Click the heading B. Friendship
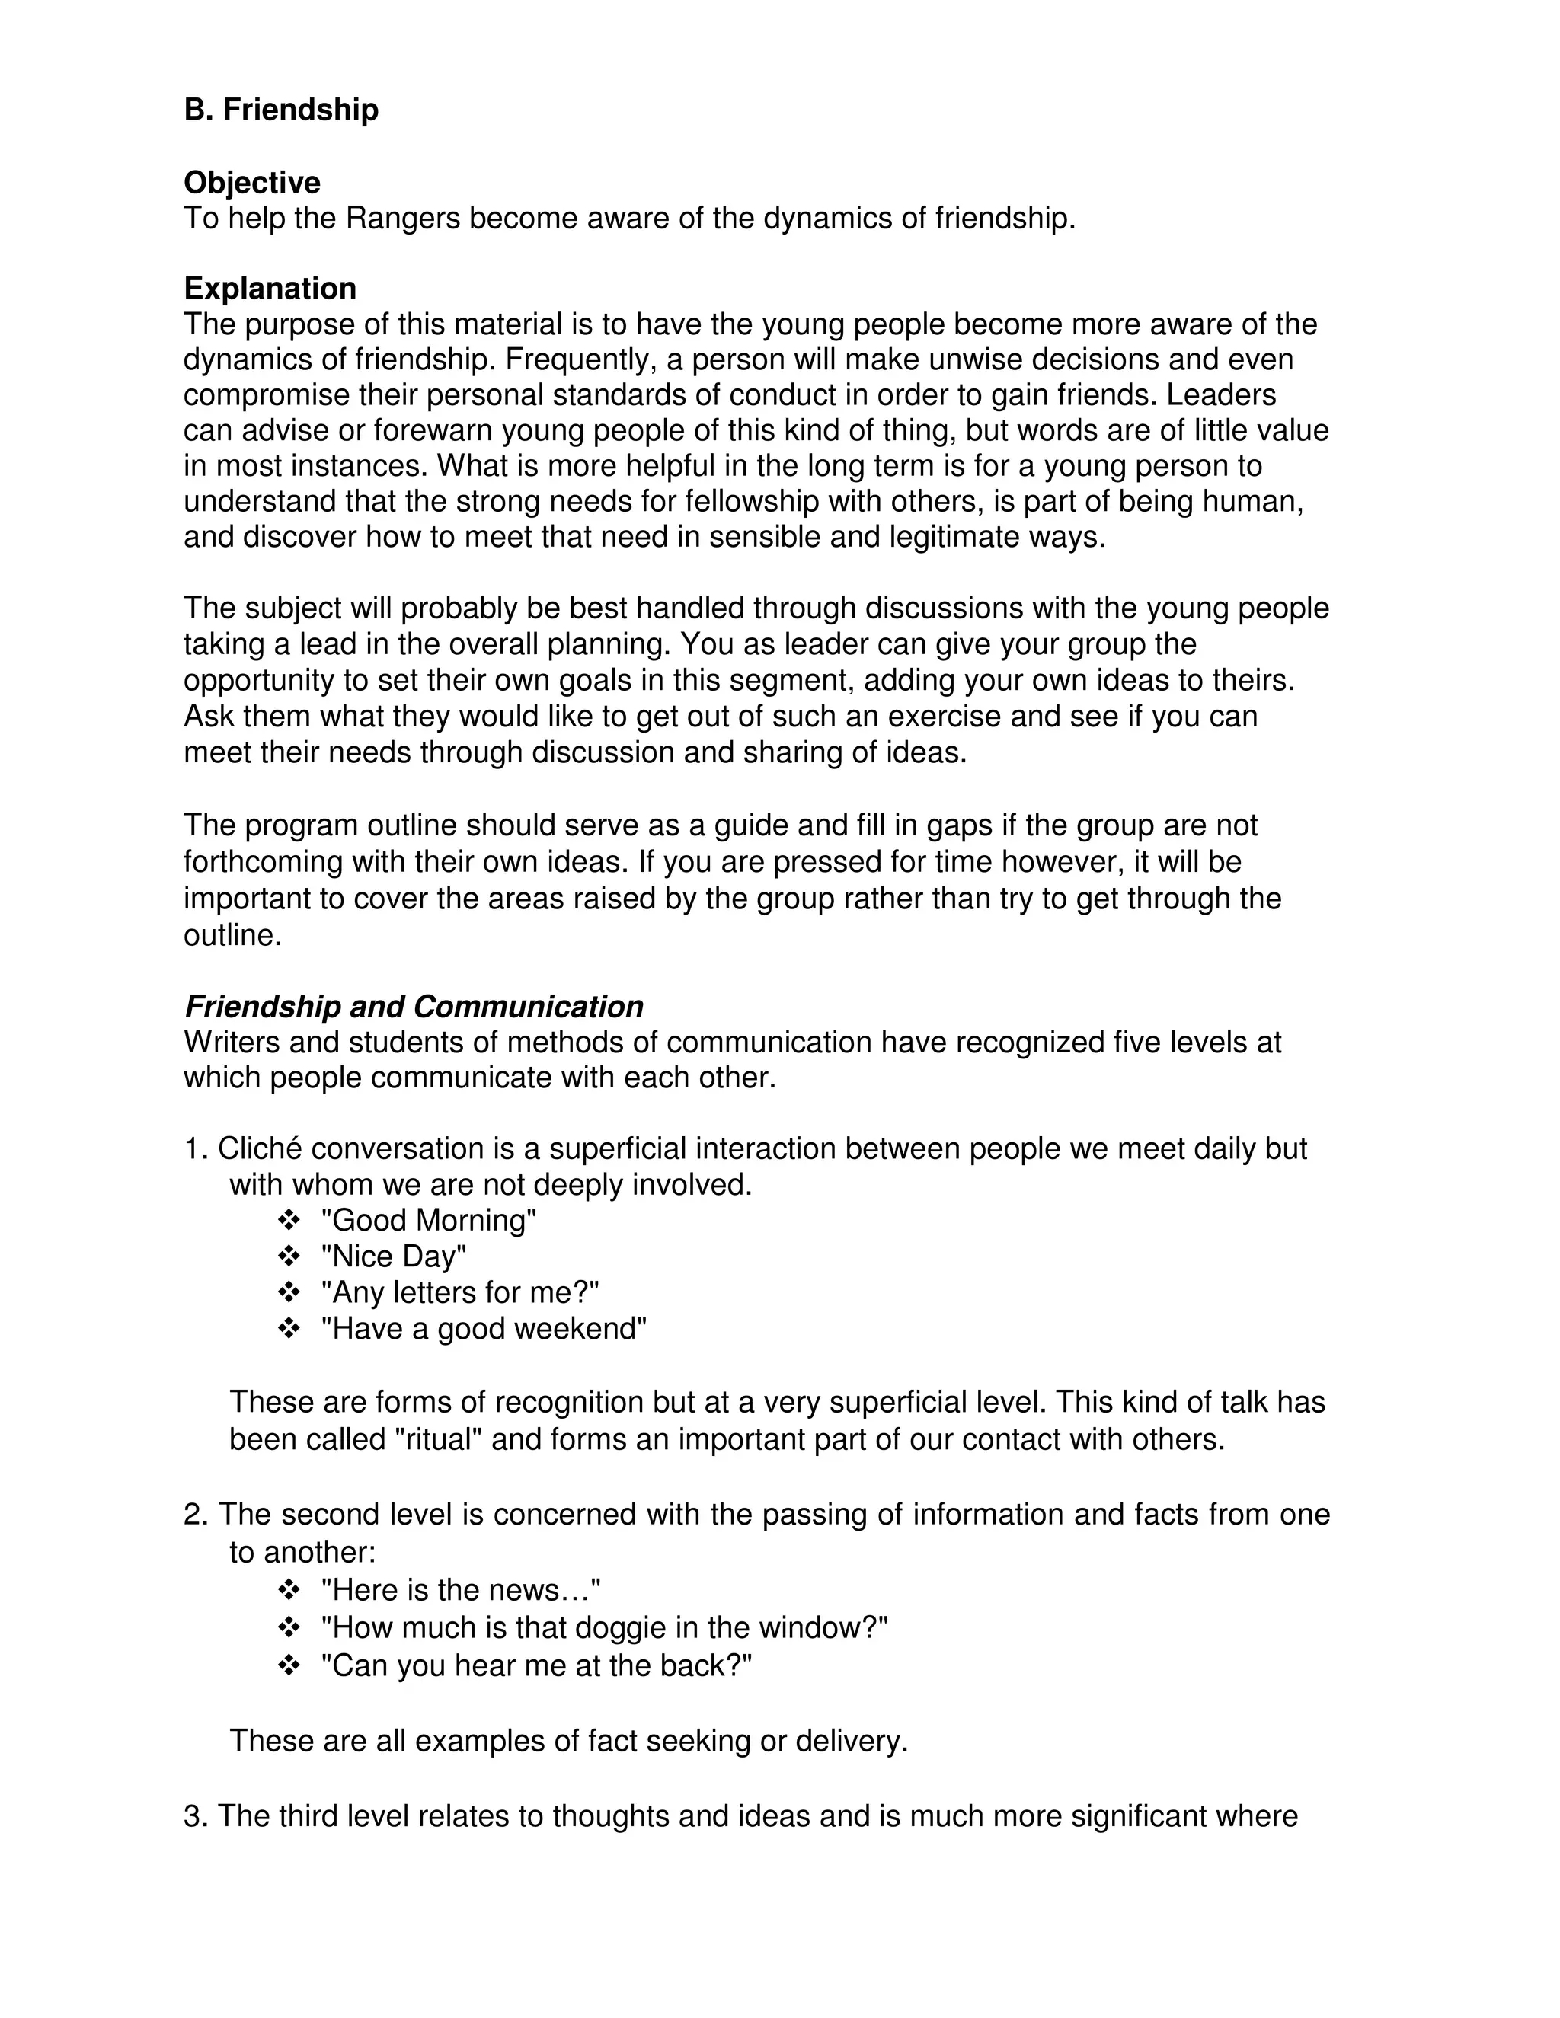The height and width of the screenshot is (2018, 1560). coord(281,110)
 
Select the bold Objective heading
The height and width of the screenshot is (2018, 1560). coord(251,183)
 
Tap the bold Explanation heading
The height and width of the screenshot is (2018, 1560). coord(270,289)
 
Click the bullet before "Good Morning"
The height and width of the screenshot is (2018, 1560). coord(289,1220)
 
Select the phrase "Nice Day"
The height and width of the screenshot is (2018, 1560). coord(394,1256)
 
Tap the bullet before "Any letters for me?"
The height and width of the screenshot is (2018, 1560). coord(289,1292)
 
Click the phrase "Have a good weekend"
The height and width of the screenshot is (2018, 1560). coord(484,1329)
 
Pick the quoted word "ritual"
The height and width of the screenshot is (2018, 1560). coord(438,1439)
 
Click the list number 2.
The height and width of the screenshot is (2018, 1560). coord(194,1515)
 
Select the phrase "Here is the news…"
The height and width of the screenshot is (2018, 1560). coord(460,1590)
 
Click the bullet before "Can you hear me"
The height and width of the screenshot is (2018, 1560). coord(289,1665)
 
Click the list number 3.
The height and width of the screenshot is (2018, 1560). coord(194,1816)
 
